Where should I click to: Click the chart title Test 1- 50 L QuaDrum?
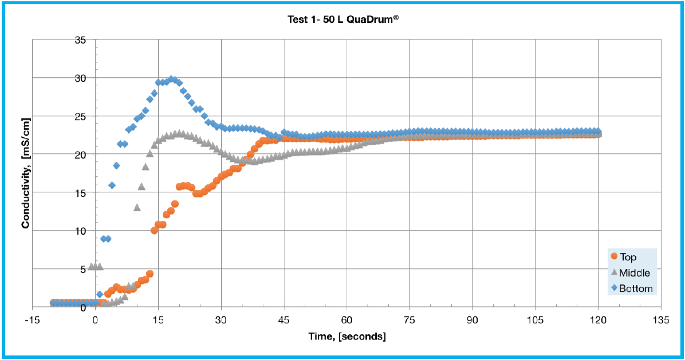tap(342, 19)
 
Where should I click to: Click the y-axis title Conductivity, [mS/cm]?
tap(26, 173)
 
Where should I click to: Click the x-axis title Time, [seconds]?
tap(347, 337)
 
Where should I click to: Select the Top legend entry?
tap(628, 257)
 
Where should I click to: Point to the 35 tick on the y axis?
tap(80, 39)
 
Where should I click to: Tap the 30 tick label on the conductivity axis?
tap(80, 78)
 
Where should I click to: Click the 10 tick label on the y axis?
tap(80, 231)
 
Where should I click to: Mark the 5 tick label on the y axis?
tap(82, 269)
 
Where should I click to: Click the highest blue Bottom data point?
tap(171, 79)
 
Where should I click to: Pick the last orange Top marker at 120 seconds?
tap(598, 134)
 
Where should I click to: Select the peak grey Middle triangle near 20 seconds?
tap(180, 133)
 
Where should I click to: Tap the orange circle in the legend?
tap(614, 257)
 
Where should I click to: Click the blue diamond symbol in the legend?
tap(614, 288)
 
